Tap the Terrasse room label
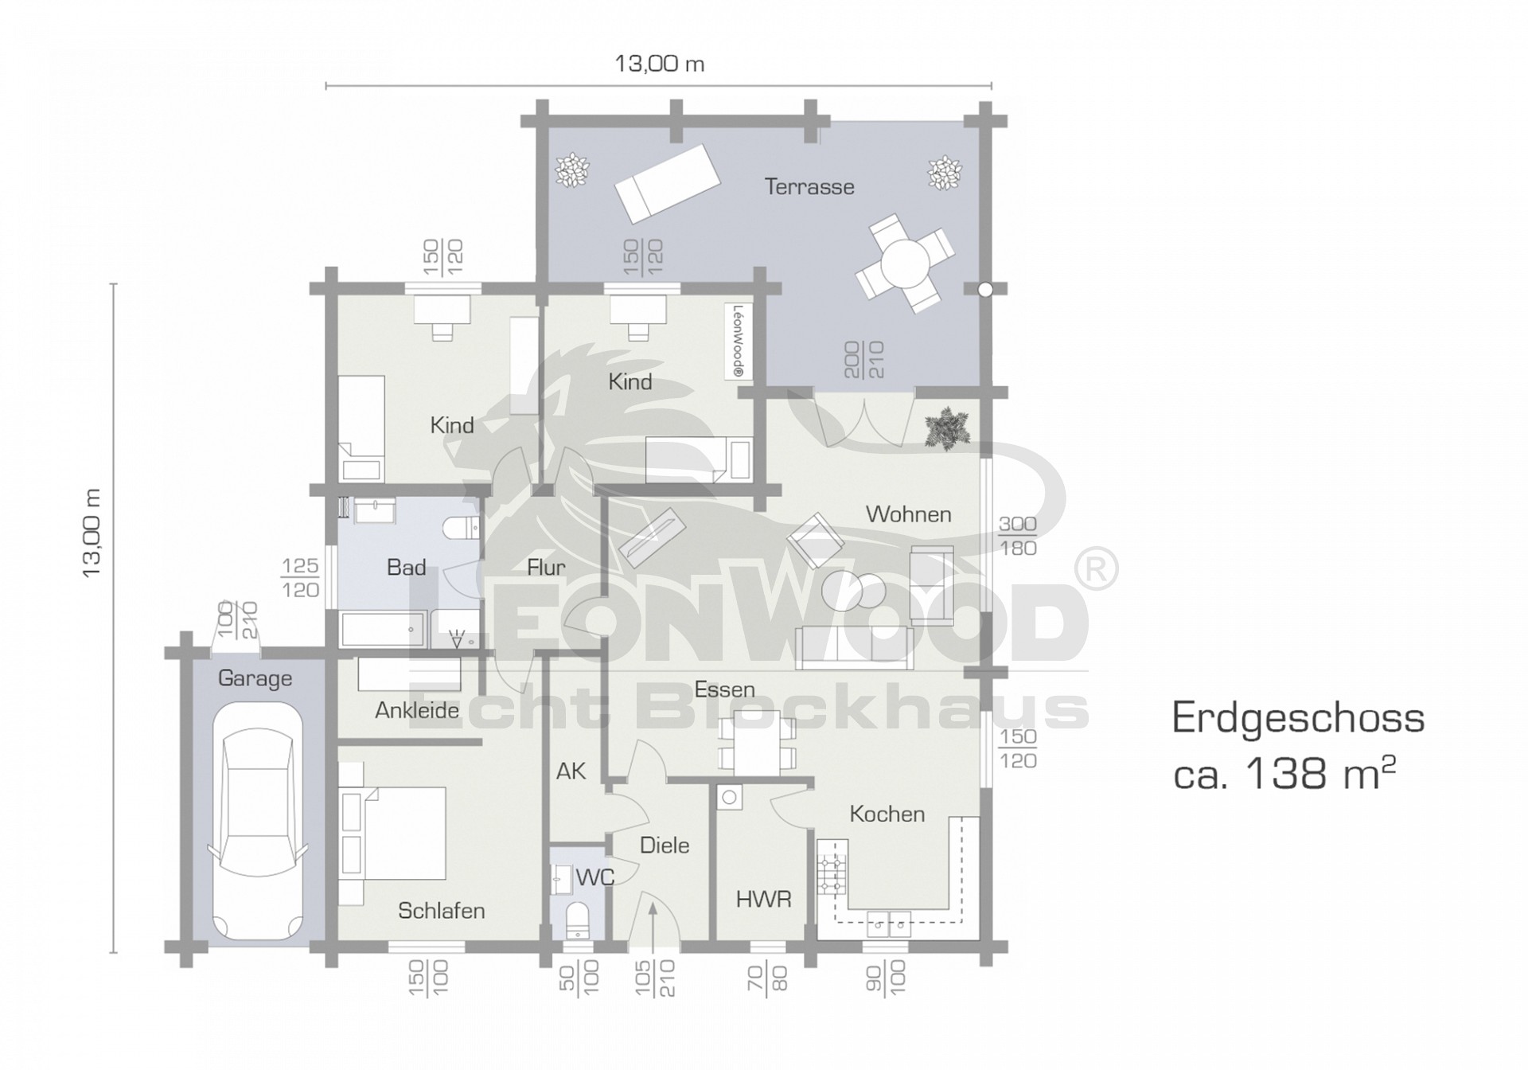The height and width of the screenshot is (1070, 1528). pos(809,187)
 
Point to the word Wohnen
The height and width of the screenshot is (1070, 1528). pos(908,514)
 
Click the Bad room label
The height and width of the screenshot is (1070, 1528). pos(406,568)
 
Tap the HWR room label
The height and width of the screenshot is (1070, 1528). pos(763,900)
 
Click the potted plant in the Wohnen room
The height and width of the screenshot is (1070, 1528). pos(946,428)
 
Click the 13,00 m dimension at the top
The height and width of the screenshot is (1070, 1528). pos(659,64)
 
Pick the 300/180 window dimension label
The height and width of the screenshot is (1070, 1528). pos(1018,536)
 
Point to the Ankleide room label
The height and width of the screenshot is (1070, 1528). pos(417,711)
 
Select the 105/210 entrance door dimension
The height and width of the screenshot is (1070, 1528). pos(655,978)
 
